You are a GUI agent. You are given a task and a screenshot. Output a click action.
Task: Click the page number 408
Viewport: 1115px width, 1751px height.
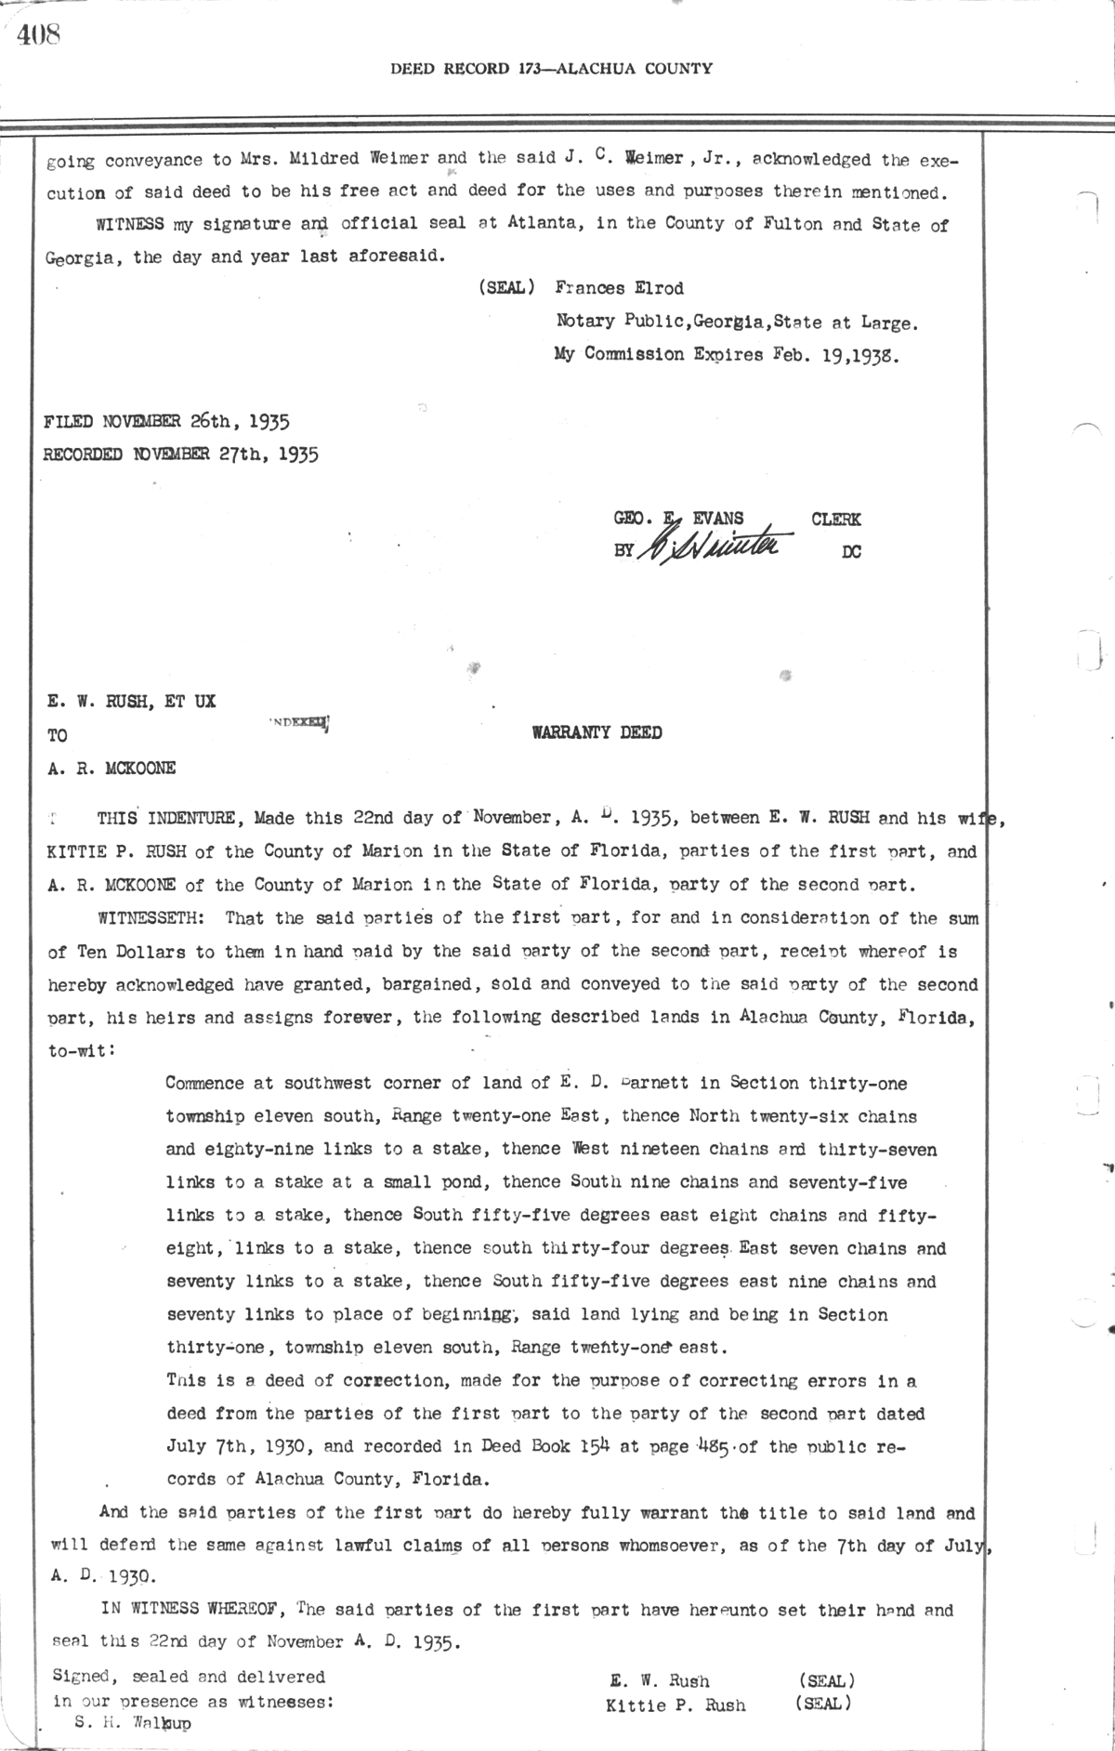pyautogui.click(x=39, y=34)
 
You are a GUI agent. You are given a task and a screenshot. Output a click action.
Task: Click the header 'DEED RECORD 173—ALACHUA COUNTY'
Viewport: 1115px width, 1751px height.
pyautogui.click(x=552, y=68)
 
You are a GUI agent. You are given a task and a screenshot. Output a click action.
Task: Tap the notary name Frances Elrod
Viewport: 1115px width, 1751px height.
pyautogui.click(x=619, y=288)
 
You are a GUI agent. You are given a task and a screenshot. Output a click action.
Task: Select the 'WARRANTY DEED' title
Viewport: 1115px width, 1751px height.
pyautogui.click(x=597, y=732)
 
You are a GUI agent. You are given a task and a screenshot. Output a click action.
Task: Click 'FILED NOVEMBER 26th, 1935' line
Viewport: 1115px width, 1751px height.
pyautogui.click(x=166, y=422)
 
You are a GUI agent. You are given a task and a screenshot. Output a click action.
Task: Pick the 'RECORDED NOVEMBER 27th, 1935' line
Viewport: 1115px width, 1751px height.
pyautogui.click(x=181, y=455)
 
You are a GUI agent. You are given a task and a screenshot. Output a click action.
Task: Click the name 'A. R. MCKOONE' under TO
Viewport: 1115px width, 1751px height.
pyautogui.click(x=111, y=769)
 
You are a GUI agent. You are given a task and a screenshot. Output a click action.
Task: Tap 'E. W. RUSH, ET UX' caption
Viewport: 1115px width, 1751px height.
pyautogui.click(x=132, y=702)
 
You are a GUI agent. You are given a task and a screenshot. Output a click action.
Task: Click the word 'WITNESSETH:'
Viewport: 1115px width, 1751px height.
pyautogui.click(x=156, y=918)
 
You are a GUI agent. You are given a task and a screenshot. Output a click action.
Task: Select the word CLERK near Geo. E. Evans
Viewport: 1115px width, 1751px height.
pyautogui.click(x=835, y=520)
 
